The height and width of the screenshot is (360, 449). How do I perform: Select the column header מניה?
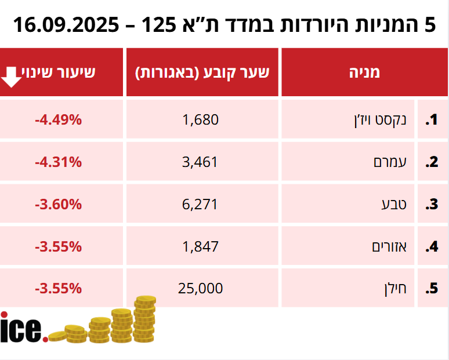364,72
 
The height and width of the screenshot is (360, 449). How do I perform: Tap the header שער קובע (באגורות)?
202,72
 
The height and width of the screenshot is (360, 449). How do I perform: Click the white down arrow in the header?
12,76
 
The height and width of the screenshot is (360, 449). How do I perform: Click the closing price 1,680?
201,120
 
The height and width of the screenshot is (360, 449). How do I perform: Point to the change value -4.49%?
58,120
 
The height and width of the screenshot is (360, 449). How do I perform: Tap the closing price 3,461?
201,162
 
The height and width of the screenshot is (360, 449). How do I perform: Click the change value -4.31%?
58,162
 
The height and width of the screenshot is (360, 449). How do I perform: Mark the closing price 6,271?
201,205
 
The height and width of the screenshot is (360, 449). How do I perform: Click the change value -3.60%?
58,205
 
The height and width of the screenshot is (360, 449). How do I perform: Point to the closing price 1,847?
201,246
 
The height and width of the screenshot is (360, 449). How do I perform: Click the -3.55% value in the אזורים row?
58,246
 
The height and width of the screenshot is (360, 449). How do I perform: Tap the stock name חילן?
393,288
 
